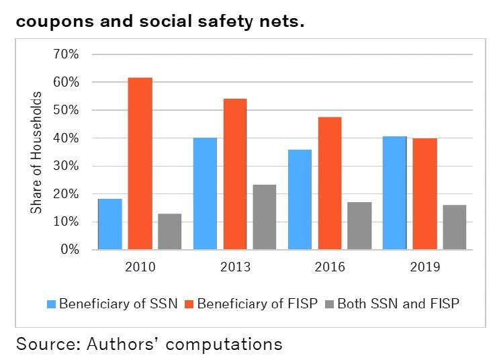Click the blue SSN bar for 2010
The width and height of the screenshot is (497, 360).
click(x=110, y=224)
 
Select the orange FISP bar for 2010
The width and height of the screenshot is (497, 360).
click(x=140, y=164)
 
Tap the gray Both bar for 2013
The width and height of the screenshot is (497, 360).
click(x=265, y=217)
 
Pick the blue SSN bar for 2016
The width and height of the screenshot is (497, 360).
click(x=300, y=199)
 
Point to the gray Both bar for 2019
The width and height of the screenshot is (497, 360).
click(x=454, y=227)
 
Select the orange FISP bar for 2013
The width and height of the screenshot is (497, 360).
click(x=235, y=174)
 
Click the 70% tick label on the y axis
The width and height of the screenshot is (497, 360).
click(x=66, y=54)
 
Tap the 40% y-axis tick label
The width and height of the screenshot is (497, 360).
click(x=66, y=138)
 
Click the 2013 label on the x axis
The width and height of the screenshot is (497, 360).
click(x=235, y=267)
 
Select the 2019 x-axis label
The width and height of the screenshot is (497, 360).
click(x=424, y=267)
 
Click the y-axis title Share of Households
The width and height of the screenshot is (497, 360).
click(x=36, y=152)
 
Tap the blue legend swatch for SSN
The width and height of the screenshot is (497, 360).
click(x=51, y=304)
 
